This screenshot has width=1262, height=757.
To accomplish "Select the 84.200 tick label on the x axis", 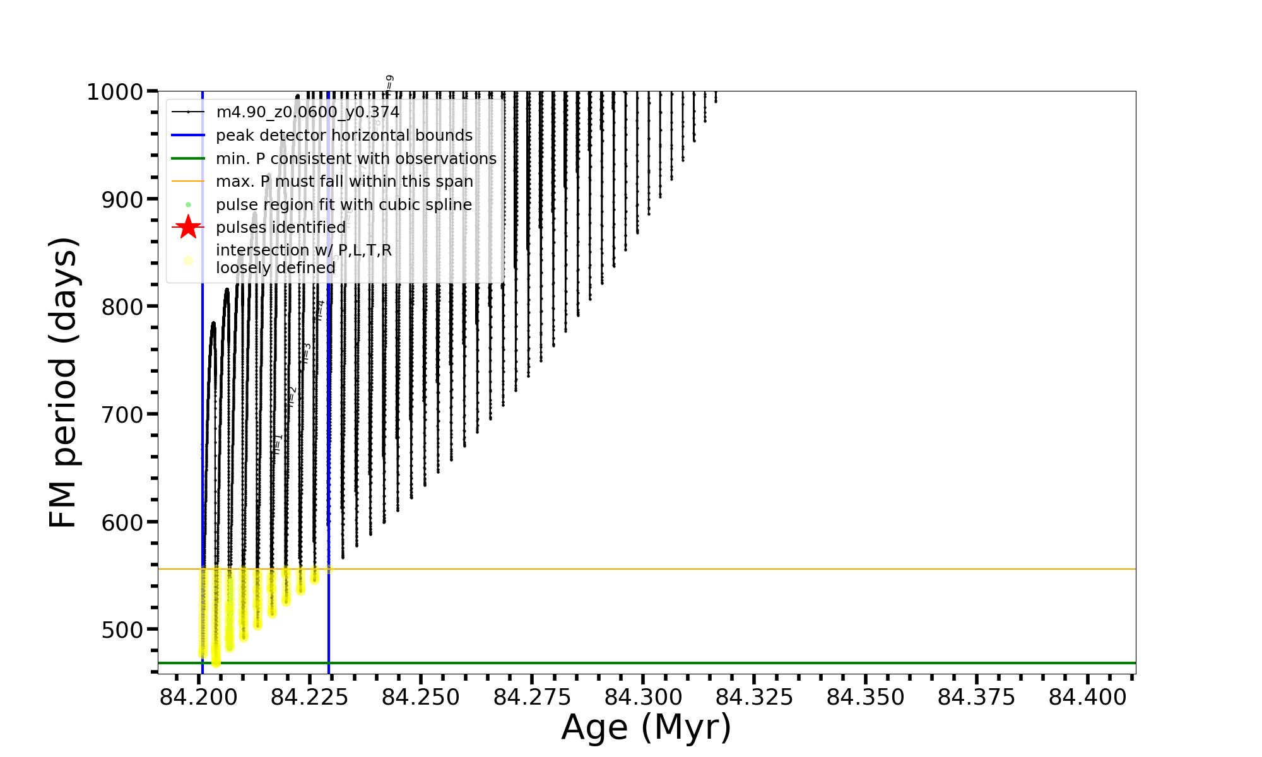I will [x=199, y=697].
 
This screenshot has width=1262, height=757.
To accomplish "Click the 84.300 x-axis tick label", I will [x=644, y=697].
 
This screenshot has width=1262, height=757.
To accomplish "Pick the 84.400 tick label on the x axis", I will [x=1088, y=697].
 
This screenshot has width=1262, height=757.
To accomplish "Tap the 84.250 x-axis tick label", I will [x=421, y=697].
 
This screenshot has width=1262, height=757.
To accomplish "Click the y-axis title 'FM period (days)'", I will [x=64, y=383].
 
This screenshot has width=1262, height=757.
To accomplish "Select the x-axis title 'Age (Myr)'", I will [x=646, y=727].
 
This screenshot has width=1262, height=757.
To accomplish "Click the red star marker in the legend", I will [x=188, y=227].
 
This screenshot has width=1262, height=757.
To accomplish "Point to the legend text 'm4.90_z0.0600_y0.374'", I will [x=308, y=112].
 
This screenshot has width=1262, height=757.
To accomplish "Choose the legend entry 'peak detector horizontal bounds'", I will [x=344, y=136].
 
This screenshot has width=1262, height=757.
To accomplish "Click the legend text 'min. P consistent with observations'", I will [x=356, y=159].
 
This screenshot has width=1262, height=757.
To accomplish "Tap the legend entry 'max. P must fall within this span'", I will [x=345, y=182].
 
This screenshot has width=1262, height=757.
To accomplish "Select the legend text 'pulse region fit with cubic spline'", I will [x=344, y=205].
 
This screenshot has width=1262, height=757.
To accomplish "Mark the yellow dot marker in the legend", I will [x=188, y=261].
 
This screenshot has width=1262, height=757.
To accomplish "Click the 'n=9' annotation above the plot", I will [x=390, y=83].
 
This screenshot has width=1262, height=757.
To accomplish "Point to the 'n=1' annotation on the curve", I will [x=277, y=443].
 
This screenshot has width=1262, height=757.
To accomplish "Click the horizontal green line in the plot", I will [x=694, y=663].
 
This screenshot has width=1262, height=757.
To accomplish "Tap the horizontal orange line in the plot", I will [x=694, y=569].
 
